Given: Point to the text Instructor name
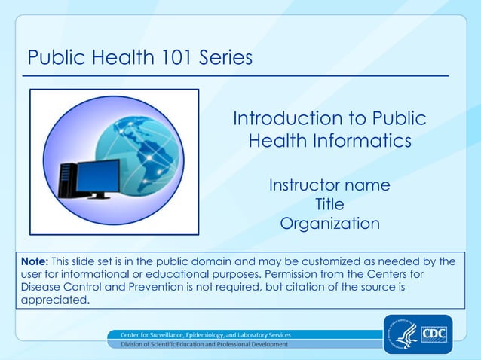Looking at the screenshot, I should click(x=329, y=185).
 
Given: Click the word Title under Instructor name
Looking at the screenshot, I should click(x=329, y=204).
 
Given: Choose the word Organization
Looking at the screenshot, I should click(x=329, y=224).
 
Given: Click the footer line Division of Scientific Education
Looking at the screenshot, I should click(x=199, y=344).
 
